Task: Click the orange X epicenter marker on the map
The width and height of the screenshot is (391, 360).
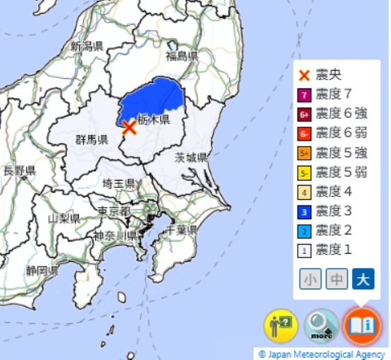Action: tap(129, 128)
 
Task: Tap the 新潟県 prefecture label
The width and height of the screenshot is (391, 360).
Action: tap(87, 47)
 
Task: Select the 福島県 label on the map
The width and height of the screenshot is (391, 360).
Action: tap(182, 56)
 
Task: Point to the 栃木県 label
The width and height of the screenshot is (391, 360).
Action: tap(153, 119)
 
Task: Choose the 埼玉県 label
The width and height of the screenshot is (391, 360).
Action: tap(119, 184)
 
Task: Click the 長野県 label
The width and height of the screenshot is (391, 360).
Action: tap(19, 171)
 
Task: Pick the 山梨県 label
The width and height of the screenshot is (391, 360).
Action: tap(64, 218)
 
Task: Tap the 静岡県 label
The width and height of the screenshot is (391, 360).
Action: tap(43, 270)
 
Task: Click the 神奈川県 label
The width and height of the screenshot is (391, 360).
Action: tap(115, 235)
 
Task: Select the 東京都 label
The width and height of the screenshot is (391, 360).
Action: tap(114, 211)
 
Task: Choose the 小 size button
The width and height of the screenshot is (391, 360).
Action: tap(310, 279)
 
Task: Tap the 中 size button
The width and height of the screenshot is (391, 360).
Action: tap(336, 279)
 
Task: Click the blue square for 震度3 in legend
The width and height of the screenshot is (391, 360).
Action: tap(304, 212)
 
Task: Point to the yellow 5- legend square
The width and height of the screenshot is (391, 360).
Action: tap(304, 173)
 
